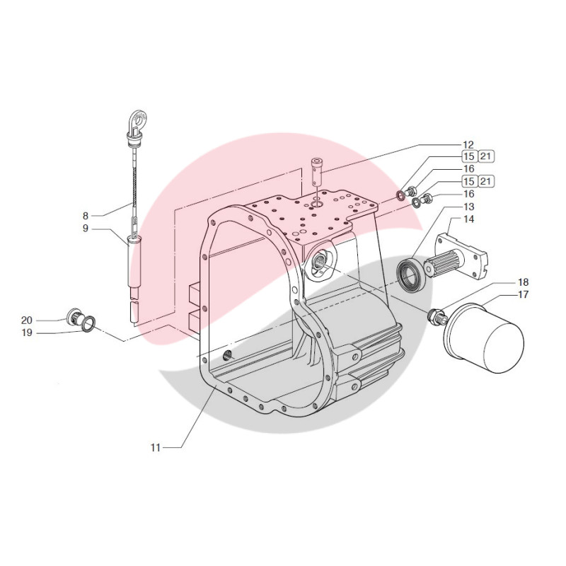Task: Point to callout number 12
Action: pyautogui.click(x=468, y=144)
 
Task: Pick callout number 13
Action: pyautogui.click(x=468, y=207)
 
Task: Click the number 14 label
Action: pyautogui.click(x=468, y=219)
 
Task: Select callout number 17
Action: pyautogui.click(x=524, y=294)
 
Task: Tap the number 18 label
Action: pyautogui.click(x=524, y=282)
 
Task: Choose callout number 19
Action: pyautogui.click(x=46, y=331)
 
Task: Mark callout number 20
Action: pyautogui.click(x=46, y=319)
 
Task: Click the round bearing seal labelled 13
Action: pyautogui.click(x=410, y=275)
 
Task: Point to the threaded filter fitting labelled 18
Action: pyautogui.click(x=437, y=316)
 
